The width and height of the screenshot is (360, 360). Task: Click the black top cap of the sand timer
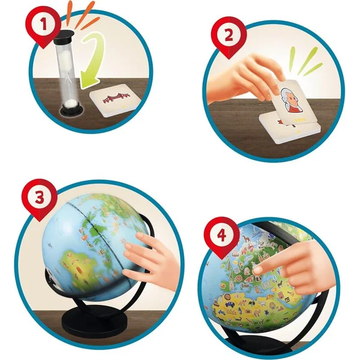(x=64, y=34)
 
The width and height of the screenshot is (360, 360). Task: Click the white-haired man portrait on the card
(x=290, y=100)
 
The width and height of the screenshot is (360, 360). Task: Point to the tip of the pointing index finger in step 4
(x=256, y=271)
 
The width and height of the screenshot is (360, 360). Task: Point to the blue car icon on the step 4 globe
(x=230, y=304)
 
